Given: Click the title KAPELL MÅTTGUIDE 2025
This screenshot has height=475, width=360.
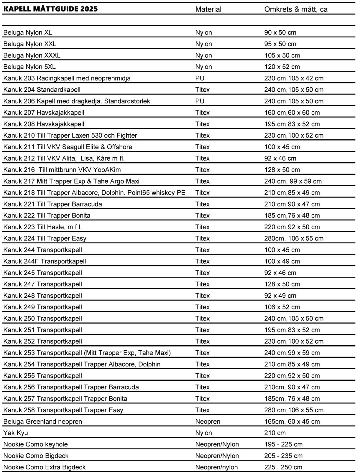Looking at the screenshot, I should point(50,9).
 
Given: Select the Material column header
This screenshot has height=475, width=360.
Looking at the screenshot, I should point(208,9).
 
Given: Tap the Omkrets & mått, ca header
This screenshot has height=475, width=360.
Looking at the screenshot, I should point(296,9).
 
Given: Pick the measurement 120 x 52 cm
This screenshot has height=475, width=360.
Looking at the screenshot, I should point(282,67).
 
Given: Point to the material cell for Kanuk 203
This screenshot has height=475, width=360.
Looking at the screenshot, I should point(200,78).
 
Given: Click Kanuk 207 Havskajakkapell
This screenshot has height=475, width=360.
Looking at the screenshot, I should point(44,113).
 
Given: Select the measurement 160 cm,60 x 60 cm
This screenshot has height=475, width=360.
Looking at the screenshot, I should point(292,113).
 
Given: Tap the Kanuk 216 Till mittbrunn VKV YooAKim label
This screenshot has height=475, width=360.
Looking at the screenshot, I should point(62,170).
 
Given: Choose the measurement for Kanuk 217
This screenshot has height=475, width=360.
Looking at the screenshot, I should point(293,181).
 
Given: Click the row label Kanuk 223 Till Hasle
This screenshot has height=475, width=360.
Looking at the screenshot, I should point(42,227).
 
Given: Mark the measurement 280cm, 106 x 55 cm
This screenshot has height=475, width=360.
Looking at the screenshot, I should point(294,238).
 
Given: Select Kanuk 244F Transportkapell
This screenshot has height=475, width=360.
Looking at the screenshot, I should point(45,261).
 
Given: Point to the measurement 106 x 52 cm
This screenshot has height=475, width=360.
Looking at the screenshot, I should point(282,307).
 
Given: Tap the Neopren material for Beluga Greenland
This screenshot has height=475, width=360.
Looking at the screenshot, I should point(208,422).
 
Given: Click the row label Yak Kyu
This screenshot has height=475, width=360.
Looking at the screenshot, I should point(16,433).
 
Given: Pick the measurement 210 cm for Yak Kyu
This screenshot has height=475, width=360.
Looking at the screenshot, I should point(275,433).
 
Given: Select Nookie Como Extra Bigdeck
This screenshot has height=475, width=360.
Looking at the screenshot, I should point(45,467).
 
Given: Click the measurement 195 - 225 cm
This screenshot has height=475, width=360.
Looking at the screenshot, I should point(283,444).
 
